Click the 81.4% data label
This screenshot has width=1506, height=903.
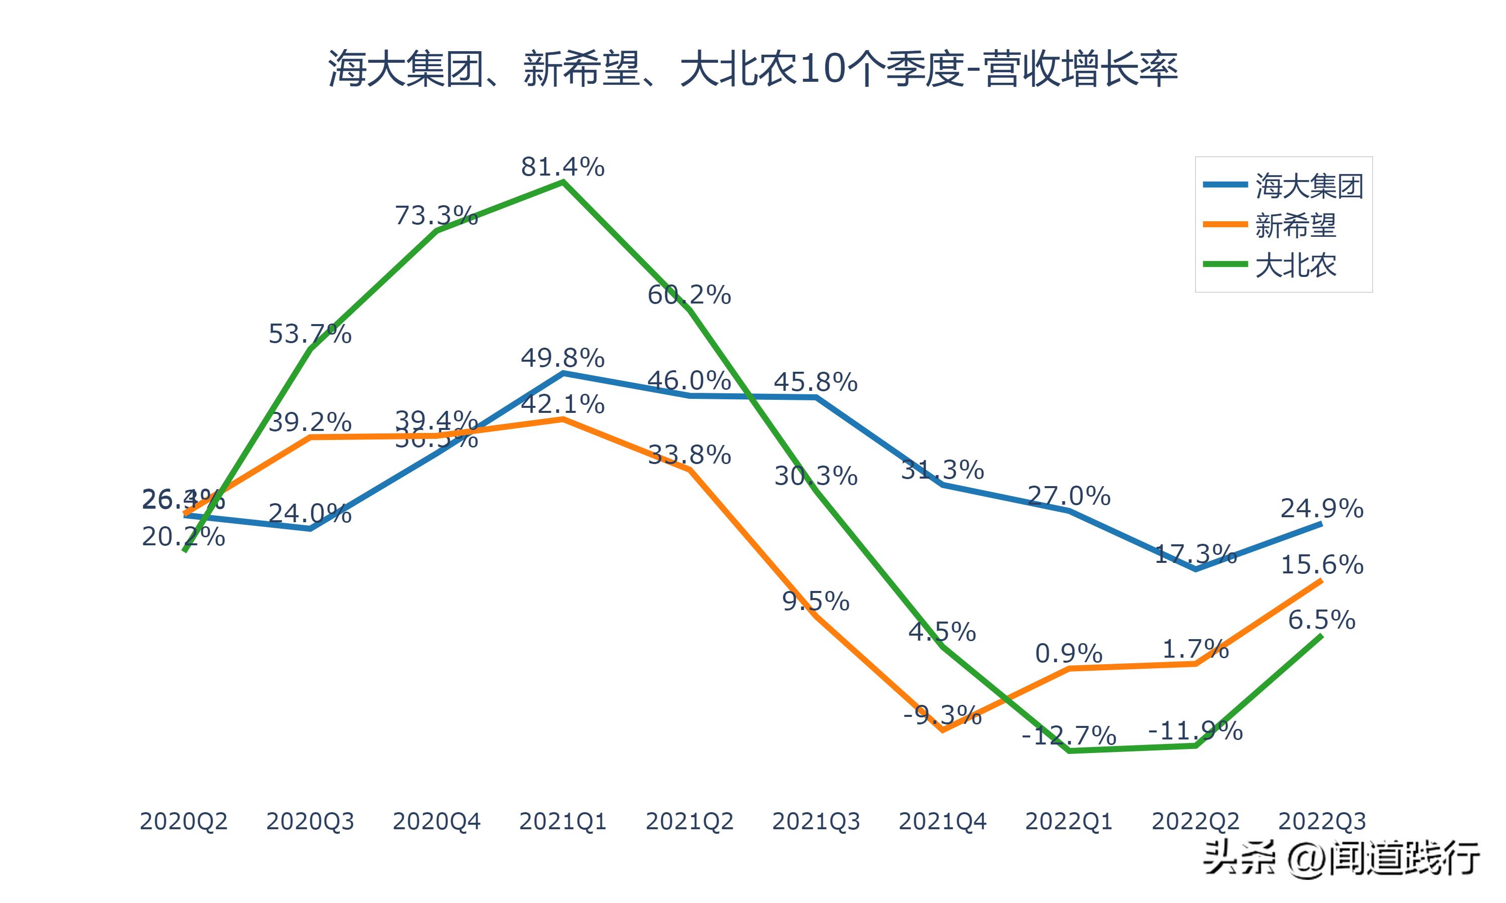(x=562, y=167)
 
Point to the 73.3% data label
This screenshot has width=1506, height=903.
(x=436, y=215)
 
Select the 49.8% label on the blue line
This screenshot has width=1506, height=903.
(x=562, y=358)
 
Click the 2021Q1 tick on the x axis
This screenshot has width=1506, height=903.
(x=562, y=821)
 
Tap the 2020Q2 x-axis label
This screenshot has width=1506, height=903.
(x=183, y=821)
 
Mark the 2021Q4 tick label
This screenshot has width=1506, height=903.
(x=942, y=821)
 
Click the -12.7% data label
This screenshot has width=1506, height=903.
(x=1069, y=735)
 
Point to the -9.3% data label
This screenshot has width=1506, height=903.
(x=942, y=714)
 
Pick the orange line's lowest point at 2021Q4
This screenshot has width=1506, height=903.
(x=942, y=729)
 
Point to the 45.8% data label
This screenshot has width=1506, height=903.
(x=816, y=382)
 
